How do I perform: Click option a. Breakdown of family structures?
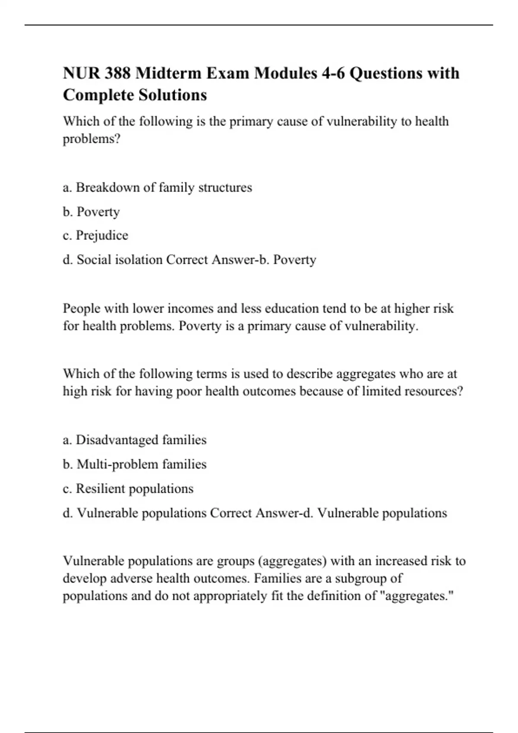(x=158, y=188)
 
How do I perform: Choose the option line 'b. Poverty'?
(x=91, y=212)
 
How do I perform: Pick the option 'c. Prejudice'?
(x=95, y=235)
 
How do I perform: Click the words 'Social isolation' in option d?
(x=120, y=260)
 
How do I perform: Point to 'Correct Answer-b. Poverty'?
(x=241, y=260)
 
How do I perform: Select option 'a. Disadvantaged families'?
(x=135, y=440)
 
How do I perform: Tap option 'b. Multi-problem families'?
(x=135, y=464)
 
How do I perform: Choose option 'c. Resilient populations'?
(x=128, y=489)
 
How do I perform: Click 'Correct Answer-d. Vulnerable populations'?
(x=328, y=513)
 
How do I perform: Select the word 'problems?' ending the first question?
(x=92, y=139)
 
